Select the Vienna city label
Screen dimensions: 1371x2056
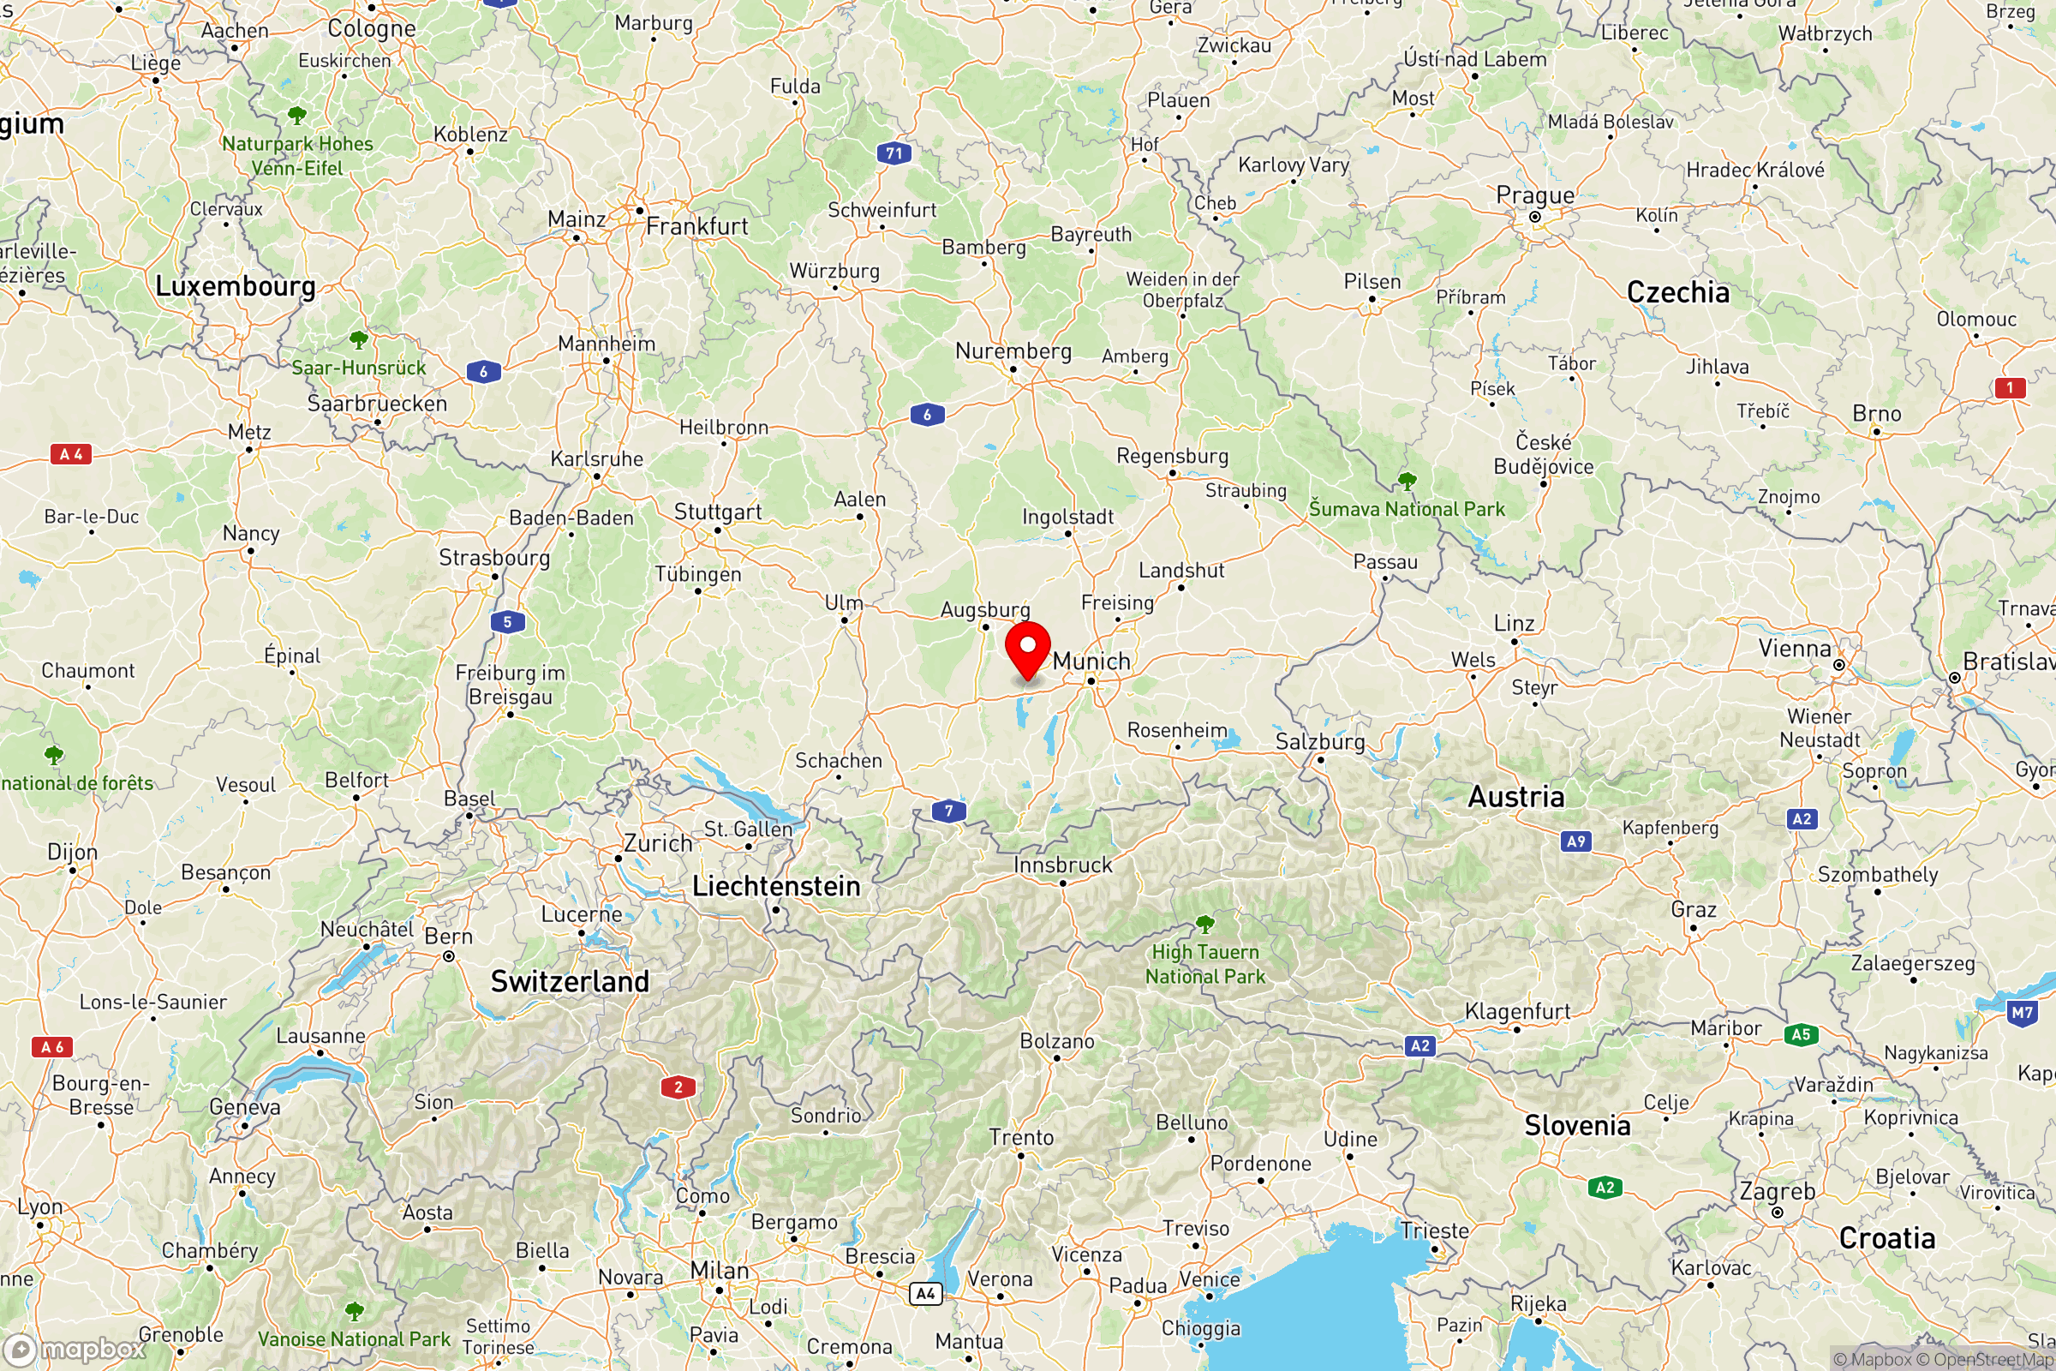[x=1795, y=649]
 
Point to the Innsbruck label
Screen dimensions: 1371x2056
[x=1062, y=865]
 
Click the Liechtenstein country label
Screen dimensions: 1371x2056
[x=776, y=887]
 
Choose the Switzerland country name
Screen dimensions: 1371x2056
[x=570, y=981]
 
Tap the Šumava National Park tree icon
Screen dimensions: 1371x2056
[x=1407, y=480]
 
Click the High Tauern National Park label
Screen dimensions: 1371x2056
[x=1205, y=963]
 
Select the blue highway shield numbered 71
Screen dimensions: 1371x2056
[x=894, y=154]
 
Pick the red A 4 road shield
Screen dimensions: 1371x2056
[x=71, y=454]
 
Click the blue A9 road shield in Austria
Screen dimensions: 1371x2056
[x=1575, y=842]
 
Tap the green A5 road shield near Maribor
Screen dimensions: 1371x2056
[x=1801, y=1035]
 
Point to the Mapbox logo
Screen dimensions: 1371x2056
[x=74, y=1349]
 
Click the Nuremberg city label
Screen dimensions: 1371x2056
[x=1013, y=351]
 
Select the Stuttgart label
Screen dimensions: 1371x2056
[x=718, y=512]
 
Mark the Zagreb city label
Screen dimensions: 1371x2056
[x=1777, y=1191]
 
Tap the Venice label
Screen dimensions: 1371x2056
[x=1209, y=1279]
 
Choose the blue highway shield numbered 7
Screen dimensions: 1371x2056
[x=948, y=811]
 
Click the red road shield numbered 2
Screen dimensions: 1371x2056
[x=678, y=1087]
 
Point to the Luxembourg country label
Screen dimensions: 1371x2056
[x=235, y=286]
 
